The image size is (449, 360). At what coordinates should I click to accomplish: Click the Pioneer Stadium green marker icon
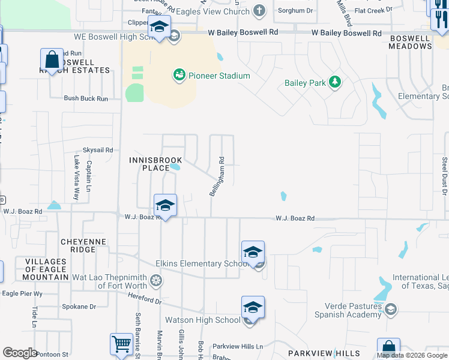click(x=179, y=76)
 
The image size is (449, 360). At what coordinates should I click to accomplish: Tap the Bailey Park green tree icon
click(x=335, y=82)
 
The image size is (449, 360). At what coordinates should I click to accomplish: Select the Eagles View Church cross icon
click(x=259, y=11)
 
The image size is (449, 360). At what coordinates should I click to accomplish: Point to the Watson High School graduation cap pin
click(x=253, y=308)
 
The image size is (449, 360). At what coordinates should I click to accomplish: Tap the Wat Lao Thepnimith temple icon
click(x=156, y=280)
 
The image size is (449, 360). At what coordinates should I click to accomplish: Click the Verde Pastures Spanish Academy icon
click(x=391, y=309)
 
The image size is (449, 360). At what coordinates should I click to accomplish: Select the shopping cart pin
click(x=121, y=346)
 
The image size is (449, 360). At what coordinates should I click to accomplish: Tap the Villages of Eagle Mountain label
click(x=46, y=269)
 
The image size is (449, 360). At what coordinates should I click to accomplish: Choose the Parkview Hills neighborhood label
click(x=324, y=353)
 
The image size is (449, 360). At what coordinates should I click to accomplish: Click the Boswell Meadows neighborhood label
click(x=410, y=42)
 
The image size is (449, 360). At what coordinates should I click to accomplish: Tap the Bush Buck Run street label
click(x=86, y=98)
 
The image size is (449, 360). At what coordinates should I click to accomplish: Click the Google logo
click(x=20, y=353)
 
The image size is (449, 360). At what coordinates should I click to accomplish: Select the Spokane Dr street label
click(x=79, y=307)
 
